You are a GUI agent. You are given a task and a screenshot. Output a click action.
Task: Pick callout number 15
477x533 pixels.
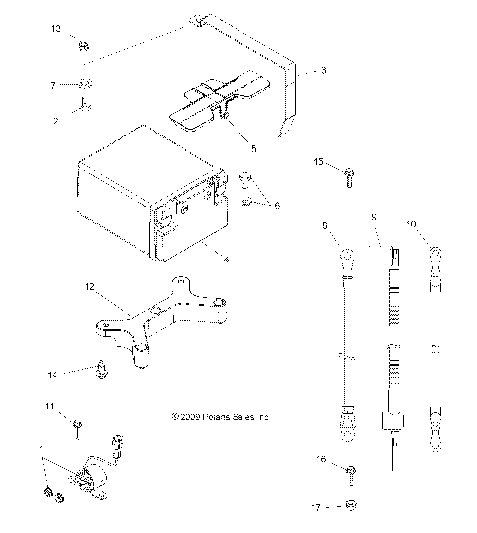(x=319, y=160)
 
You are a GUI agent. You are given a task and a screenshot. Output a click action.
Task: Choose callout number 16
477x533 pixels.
(x=321, y=460)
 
